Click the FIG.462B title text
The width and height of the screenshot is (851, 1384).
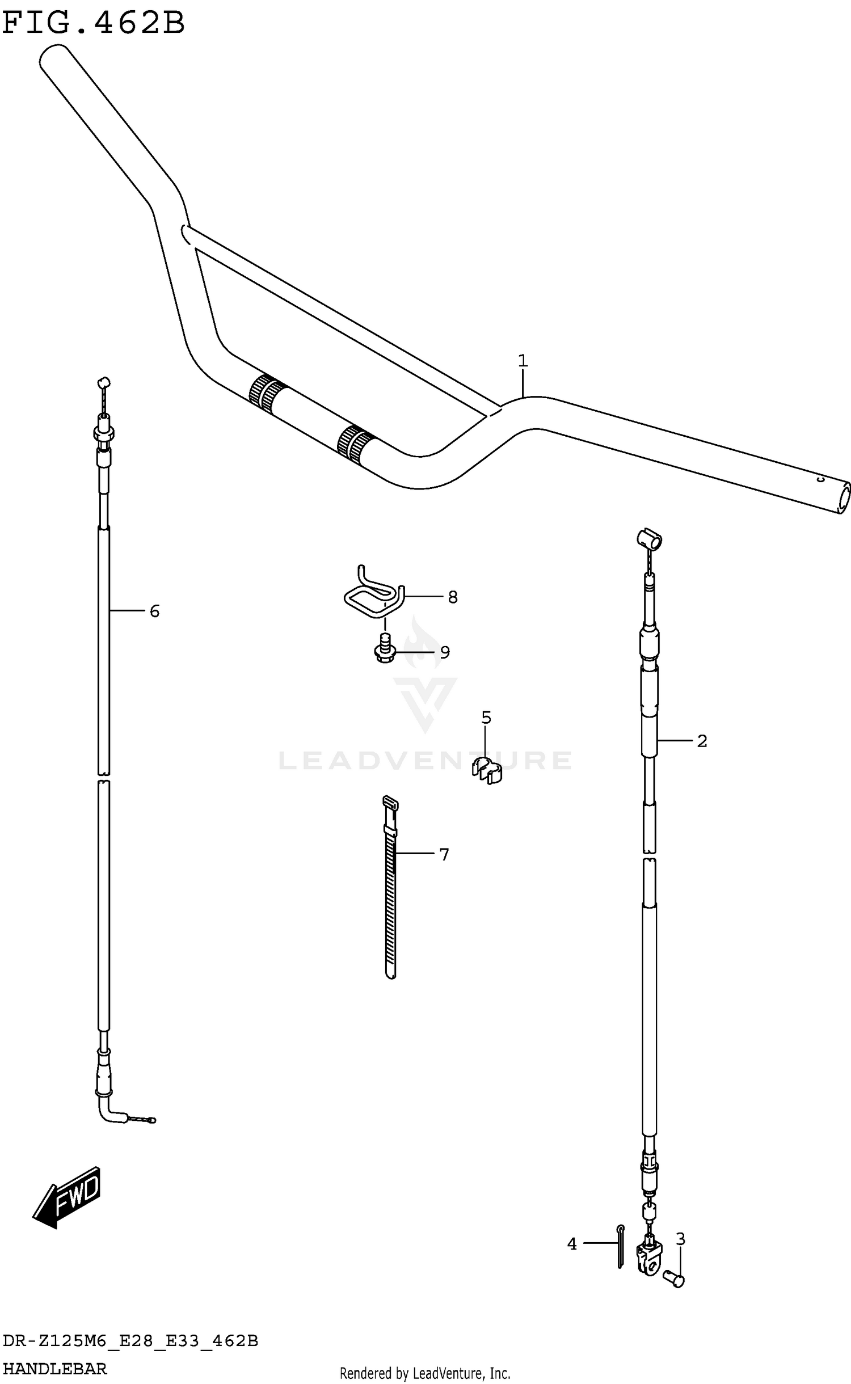[x=94, y=23]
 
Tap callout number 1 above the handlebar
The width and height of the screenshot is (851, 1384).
[x=523, y=361]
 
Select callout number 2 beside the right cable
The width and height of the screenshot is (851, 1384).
[x=702, y=741]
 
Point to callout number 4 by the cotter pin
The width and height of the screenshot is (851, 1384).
[x=572, y=1244]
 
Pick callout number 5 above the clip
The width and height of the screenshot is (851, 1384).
[x=486, y=718]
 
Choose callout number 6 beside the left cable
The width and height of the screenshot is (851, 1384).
[x=154, y=611]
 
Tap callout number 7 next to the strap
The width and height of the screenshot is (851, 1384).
[x=444, y=854]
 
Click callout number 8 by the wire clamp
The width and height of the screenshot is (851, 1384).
[x=452, y=597]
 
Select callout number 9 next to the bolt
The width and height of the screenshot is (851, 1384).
[x=445, y=652]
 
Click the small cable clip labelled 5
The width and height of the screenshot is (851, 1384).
[x=487, y=769]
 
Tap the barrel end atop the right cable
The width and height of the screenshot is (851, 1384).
[x=649, y=539]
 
